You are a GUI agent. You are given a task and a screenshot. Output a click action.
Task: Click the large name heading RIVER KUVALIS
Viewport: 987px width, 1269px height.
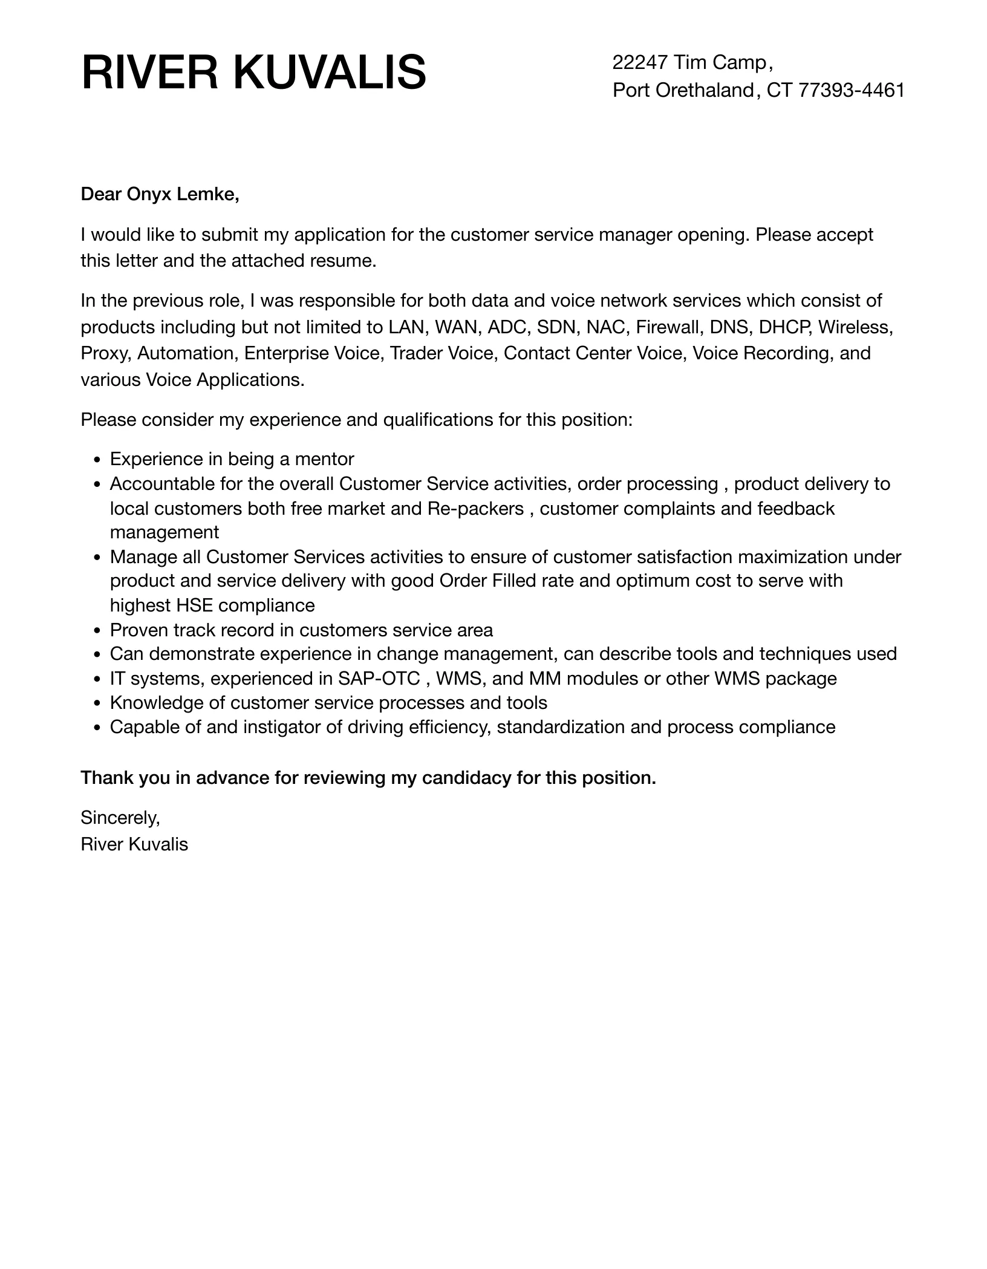click(253, 73)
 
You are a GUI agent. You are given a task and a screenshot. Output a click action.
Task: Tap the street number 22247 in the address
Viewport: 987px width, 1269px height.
click(640, 62)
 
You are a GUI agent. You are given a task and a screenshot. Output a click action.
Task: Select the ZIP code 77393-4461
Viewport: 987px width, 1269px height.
click(851, 90)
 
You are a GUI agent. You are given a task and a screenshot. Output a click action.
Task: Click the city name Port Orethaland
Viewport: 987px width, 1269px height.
click(683, 90)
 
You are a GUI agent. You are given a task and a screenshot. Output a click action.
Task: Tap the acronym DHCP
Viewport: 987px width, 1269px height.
click(784, 327)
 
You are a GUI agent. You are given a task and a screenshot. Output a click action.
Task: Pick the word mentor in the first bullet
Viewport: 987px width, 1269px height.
click(324, 459)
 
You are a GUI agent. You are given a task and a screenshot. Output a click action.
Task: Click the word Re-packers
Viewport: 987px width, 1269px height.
click(475, 509)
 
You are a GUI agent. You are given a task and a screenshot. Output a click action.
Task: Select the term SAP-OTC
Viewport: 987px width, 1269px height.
click(379, 679)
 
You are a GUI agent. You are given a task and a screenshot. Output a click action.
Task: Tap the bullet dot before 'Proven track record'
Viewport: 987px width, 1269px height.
click(97, 631)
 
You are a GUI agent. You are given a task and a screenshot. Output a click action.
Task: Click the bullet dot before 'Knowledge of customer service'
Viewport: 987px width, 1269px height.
click(97, 703)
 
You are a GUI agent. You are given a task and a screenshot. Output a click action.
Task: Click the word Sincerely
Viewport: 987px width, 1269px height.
click(120, 818)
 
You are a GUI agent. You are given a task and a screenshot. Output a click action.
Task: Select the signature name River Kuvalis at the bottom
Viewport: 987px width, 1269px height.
click(134, 844)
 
